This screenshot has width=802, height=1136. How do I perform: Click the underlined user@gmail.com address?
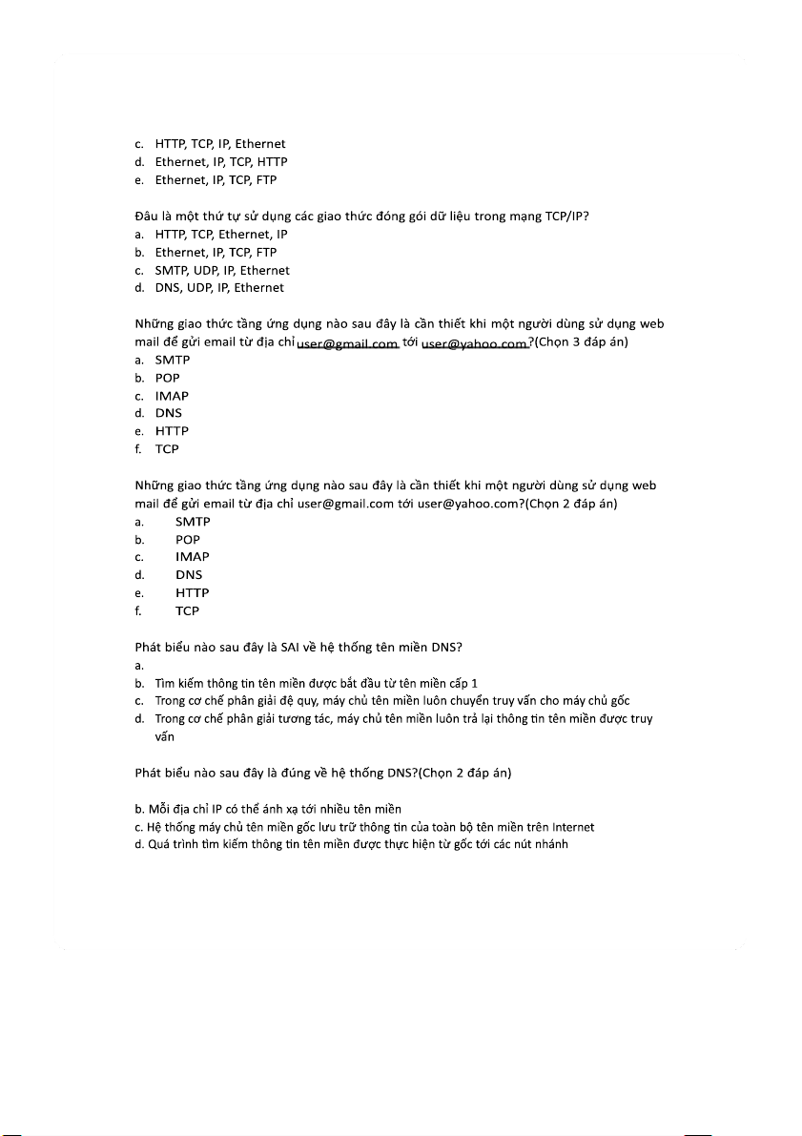(347, 342)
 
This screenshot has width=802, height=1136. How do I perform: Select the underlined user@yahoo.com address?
(475, 342)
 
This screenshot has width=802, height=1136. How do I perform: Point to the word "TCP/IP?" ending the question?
(566, 216)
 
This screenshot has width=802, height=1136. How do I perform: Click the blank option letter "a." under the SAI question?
(139, 666)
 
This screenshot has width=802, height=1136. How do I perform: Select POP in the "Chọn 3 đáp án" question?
(168, 379)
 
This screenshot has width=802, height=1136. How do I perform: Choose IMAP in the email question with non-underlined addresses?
(192, 557)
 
